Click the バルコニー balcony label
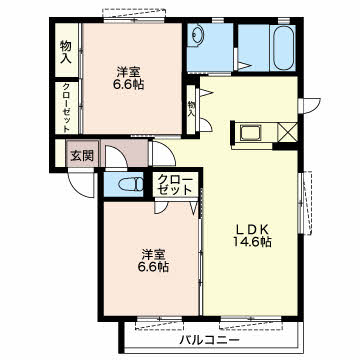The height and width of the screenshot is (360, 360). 210,341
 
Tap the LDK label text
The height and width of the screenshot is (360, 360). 252,229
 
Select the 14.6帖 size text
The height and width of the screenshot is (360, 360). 252,242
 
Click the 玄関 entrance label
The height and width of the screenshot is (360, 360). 82,155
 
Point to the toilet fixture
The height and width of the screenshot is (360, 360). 131,184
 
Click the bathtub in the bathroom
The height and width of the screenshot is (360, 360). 283,47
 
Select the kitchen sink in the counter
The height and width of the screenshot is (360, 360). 251,133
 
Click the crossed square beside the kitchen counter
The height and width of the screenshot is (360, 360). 287,132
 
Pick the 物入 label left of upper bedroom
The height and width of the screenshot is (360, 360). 66,52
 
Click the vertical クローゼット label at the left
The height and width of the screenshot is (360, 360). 66,108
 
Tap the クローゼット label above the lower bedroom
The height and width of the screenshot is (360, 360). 175,184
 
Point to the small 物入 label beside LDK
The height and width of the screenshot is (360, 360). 191,108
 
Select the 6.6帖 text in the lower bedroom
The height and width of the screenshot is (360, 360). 154,267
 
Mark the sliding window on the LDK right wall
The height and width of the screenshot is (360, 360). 305,203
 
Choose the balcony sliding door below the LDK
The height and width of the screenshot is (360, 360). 251,323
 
